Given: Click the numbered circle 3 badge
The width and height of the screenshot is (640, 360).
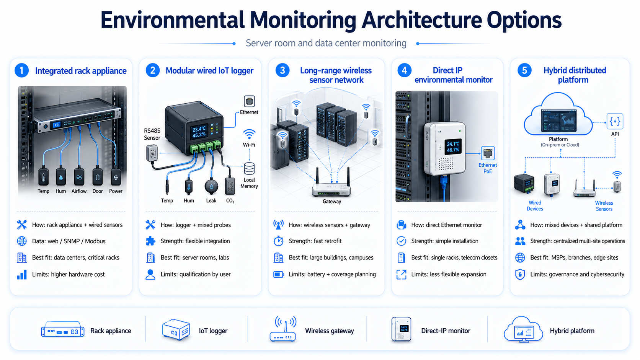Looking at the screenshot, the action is [282, 70].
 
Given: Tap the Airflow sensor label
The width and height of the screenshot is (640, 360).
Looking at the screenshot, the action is [79, 191].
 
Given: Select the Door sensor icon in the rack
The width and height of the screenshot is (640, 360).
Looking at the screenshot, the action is [98, 177].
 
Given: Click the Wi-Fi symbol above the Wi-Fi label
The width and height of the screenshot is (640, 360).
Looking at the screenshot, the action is [249, 134].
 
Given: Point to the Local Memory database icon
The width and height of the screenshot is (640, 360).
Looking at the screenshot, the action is [249, 168].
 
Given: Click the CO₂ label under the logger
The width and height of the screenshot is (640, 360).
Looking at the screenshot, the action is [230, 201].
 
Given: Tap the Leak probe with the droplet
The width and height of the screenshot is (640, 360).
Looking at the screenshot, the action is [211, 186].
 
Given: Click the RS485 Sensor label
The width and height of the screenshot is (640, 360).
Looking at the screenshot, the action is [152, 134].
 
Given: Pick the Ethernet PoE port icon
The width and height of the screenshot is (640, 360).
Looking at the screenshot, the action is [488, 153].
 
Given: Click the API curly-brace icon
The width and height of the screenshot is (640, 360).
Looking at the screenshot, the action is [615, 121].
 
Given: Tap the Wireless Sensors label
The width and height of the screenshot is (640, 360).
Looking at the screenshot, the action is [604, 206].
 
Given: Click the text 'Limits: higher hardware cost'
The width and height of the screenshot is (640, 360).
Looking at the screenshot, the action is [68, 274].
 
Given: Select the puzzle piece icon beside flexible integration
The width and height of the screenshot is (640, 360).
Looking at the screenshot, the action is [150, 241].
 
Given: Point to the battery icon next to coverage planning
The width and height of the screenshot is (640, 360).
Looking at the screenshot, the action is [279, 275].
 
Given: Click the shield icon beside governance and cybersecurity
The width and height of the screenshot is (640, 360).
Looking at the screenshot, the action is [520, 274].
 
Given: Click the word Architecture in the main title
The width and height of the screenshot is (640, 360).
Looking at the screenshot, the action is [422, 20].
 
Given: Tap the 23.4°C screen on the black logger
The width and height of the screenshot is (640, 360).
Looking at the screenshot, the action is [199, 132].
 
